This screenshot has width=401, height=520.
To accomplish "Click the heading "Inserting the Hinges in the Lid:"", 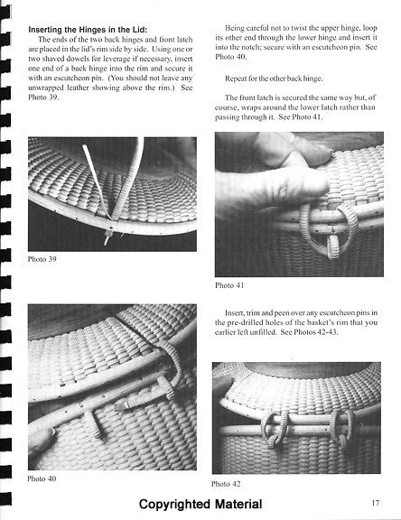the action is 88,30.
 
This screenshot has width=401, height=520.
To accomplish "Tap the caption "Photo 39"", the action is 42,259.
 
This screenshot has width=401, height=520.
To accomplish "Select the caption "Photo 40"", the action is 42,478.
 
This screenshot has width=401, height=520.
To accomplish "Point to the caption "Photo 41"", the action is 229,285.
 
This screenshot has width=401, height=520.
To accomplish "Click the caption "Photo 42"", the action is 226,484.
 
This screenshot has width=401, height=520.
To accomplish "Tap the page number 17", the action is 375,503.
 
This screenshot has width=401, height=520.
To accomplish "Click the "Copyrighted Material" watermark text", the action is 200,504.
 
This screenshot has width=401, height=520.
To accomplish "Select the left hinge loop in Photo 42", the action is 275,430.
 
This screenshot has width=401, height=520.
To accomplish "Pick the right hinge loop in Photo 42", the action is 341,428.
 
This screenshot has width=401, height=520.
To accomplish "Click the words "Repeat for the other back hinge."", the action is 274,79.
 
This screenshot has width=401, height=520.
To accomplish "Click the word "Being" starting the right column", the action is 234,28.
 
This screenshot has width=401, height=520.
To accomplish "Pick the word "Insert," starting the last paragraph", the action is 235,312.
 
